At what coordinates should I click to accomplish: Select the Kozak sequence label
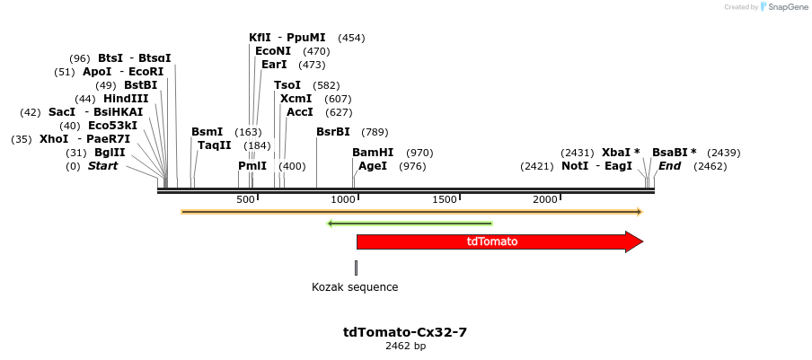(355, 287)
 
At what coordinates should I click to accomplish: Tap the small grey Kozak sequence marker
(356, 268)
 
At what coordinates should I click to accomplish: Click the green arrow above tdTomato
(410, 223)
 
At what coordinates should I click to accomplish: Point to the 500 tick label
(246, 199)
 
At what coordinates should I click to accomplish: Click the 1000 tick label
(344, 199)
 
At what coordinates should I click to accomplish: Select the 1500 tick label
(446, 199)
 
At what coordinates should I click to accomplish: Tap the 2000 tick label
(546, 199)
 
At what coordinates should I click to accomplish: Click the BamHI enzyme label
(373, 153)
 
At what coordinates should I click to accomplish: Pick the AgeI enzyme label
(373, 166)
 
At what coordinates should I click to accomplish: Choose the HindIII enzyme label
(125, 99)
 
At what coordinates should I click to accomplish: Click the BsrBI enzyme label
(333, 131)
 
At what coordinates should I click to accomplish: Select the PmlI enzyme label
(252, 166)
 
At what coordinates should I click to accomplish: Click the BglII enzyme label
(110, 153)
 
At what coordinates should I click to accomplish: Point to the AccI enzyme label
(300, 112)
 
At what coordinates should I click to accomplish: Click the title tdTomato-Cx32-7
(405, 332)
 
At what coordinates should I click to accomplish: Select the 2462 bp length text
(405, 346)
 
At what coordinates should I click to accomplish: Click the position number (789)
(375, 131)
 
